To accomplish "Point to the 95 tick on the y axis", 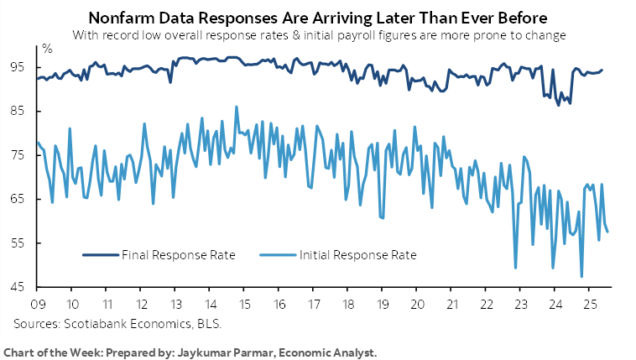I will [19, 66].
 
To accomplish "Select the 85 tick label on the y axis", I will [19, 111].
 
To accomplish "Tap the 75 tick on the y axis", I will [19, 154].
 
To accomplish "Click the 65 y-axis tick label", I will [19, 199].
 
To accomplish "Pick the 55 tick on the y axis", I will [19, 243].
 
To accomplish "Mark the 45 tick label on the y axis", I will [19, 287].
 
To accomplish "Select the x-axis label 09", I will [37, 303].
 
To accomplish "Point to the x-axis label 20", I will [417, 303].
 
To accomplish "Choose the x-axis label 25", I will [590, 303].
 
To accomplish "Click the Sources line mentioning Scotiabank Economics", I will [117, 322].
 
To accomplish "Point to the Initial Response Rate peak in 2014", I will [237, 107].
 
